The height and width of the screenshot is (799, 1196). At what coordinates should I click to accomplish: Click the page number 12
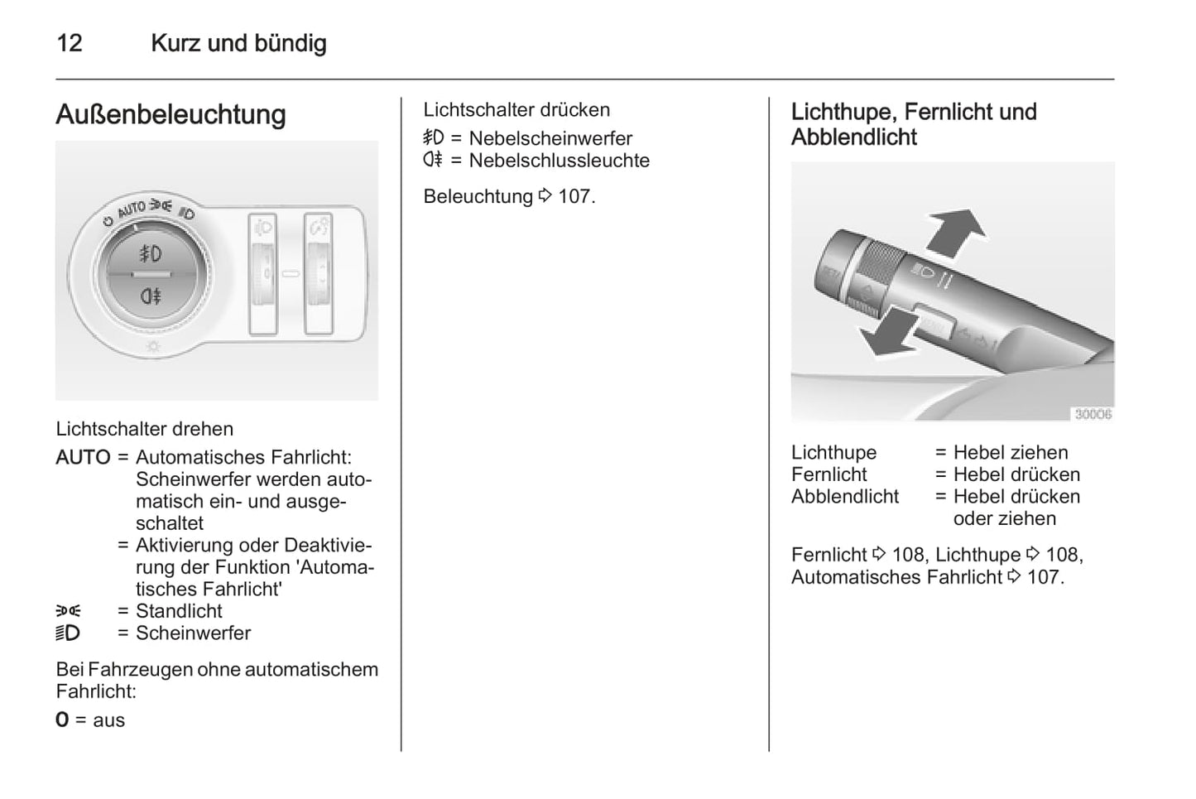[69, 43]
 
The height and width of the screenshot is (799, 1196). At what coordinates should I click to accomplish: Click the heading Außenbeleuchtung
[171, 114]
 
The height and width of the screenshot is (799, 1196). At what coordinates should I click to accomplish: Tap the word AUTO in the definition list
[83, 457]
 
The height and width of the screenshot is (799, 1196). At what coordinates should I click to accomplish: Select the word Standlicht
[179, 611]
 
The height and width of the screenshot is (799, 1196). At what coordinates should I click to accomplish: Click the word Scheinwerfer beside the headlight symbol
[193, 633]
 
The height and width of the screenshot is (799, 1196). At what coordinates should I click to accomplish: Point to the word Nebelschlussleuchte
[559, 161]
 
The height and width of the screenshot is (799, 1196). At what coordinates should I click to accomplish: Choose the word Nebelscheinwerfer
[550, 138]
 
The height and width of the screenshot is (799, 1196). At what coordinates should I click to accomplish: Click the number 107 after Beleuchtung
[574, 197]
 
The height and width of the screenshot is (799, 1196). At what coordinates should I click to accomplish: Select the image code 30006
[1092, 414]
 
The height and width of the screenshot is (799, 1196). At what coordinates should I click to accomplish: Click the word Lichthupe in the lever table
[833, 453]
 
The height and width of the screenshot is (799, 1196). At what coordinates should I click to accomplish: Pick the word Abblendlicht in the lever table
[844, 497]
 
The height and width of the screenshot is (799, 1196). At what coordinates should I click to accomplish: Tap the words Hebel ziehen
[1010, 453]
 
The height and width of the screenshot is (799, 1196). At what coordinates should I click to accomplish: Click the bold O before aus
[62, 720]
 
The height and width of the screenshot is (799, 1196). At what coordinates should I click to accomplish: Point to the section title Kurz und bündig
[238, 43]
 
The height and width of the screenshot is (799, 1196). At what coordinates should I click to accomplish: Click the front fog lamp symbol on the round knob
[151, 253]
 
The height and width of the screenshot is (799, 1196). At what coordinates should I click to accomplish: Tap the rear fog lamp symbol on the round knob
[151, 296]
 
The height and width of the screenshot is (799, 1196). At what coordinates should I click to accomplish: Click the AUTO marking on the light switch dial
[132, 210]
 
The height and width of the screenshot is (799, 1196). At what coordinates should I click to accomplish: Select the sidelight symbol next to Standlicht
[68, 611]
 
